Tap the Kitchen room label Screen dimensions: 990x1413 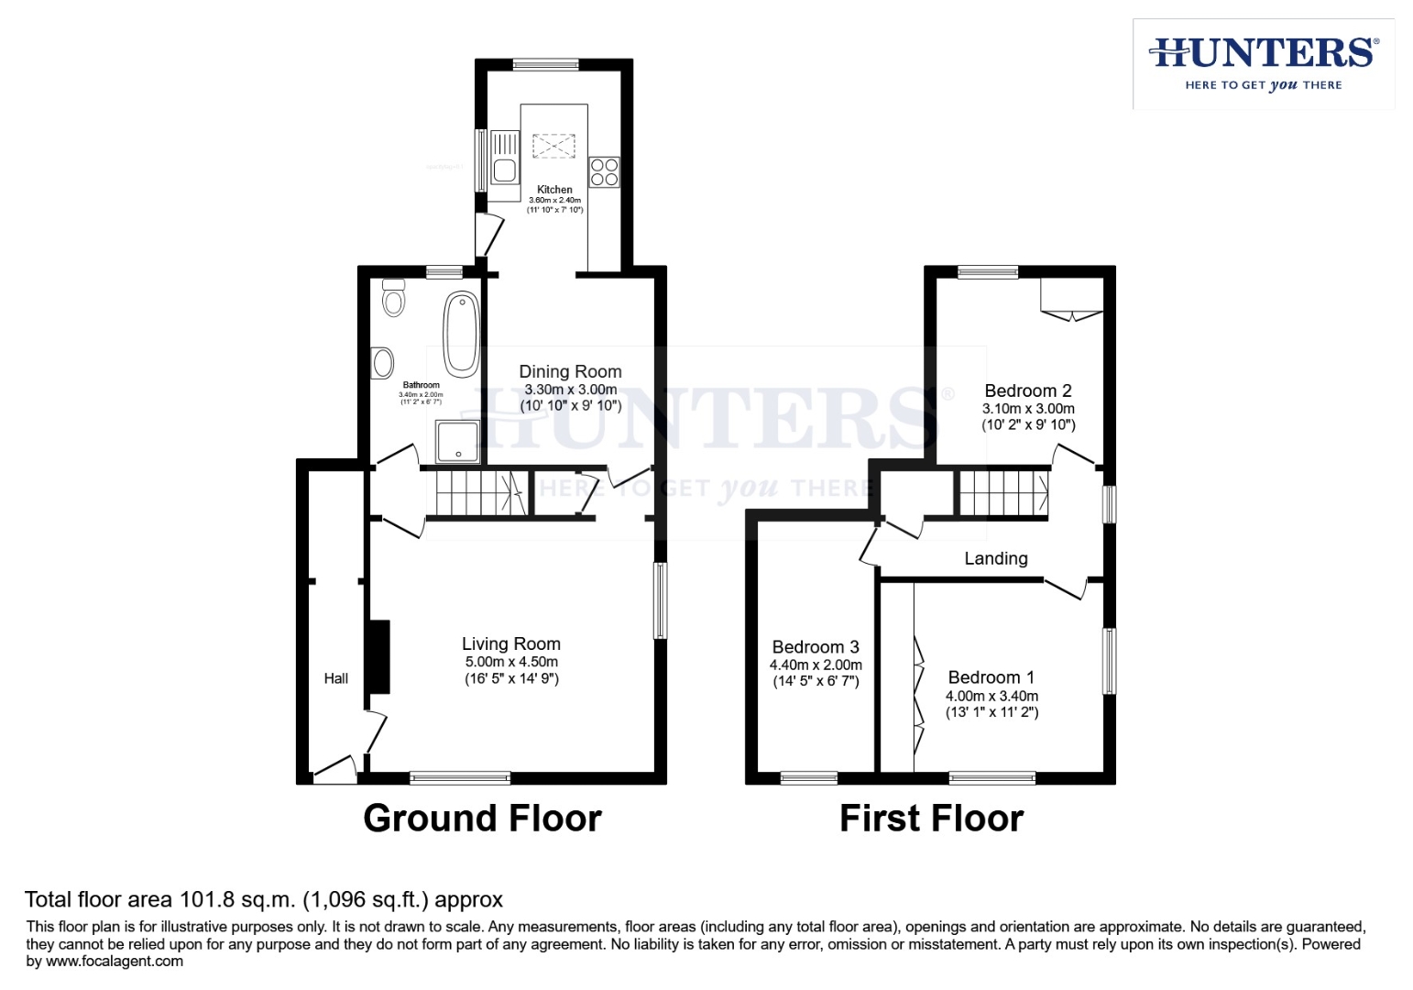pos(554,190)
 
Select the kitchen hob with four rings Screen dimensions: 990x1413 pos(604,172)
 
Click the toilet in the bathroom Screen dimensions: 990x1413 pos(393,297)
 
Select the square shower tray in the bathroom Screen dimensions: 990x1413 pos(456,442)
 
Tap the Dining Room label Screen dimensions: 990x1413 pos(570,371)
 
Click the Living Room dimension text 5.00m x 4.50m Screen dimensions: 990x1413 pos(510,662)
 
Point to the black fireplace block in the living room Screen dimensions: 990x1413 pos(378,656)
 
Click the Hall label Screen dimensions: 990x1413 pos(335,678)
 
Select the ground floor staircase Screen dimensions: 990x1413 pos(476,494)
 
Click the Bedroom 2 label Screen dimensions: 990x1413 pos(1027,390)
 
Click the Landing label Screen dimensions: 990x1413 pos(995,558)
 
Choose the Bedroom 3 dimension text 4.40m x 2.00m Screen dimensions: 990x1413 pos(816,665)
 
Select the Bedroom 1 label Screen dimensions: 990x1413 pos(991,677)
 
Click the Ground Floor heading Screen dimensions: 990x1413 pos(482,818)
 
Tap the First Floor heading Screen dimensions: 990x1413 pos(931,818)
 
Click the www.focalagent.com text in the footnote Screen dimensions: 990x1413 pos(114,962)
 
